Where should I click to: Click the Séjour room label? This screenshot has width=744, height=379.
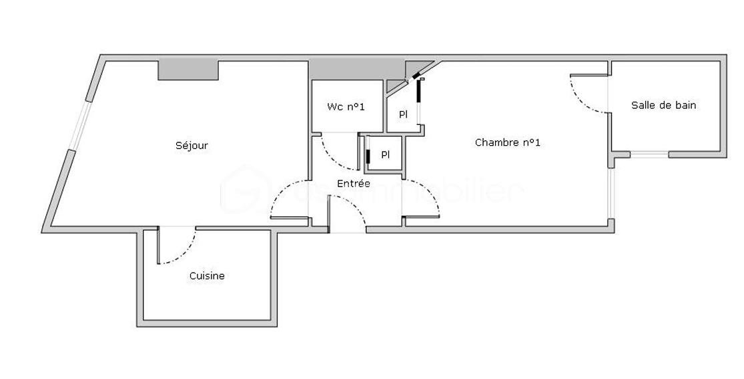click(192, 146)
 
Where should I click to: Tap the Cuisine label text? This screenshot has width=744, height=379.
click(207, 276)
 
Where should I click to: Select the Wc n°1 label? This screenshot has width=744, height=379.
click(346, 107)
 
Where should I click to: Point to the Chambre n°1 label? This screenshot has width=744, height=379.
click(507, 142)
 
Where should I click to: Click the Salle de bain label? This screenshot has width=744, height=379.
click(663, 105)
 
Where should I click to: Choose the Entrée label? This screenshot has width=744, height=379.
click(353, 184)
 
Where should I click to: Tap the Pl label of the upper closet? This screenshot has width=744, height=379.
click(403, 114)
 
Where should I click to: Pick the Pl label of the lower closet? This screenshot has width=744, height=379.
click(386, 155)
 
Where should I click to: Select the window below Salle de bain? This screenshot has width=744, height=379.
click(649, 155)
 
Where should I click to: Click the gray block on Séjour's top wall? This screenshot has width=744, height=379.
click(188, 70)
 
